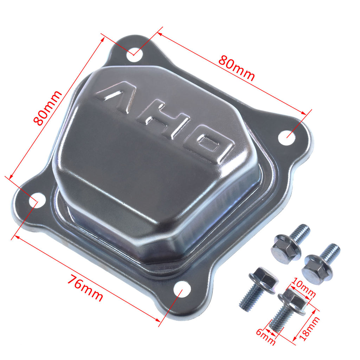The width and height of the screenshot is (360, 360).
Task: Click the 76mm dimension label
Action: pos(85,288)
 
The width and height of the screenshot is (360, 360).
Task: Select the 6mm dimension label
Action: pos(265,337)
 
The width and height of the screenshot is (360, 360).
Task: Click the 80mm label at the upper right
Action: pos(237,68)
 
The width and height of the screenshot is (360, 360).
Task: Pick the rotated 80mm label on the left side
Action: pos(47,108)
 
